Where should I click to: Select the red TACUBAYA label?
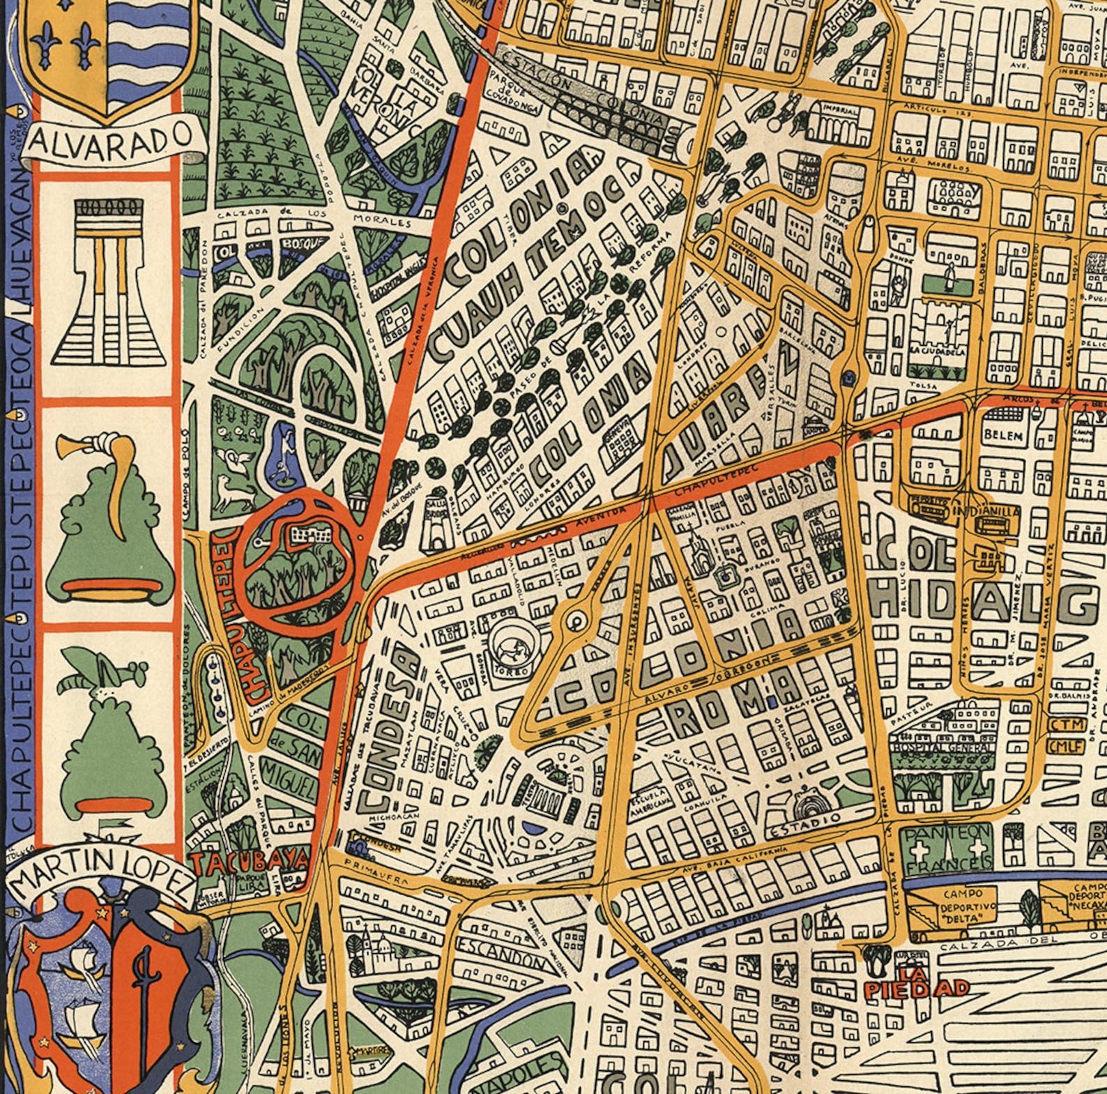(x=248, y=863)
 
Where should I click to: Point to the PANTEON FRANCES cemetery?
(x=947, y=848)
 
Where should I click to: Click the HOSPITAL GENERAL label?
(x=945, y=747)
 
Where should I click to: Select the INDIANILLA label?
(x=985, y=510)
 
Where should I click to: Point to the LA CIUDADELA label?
(x=938, y=351)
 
